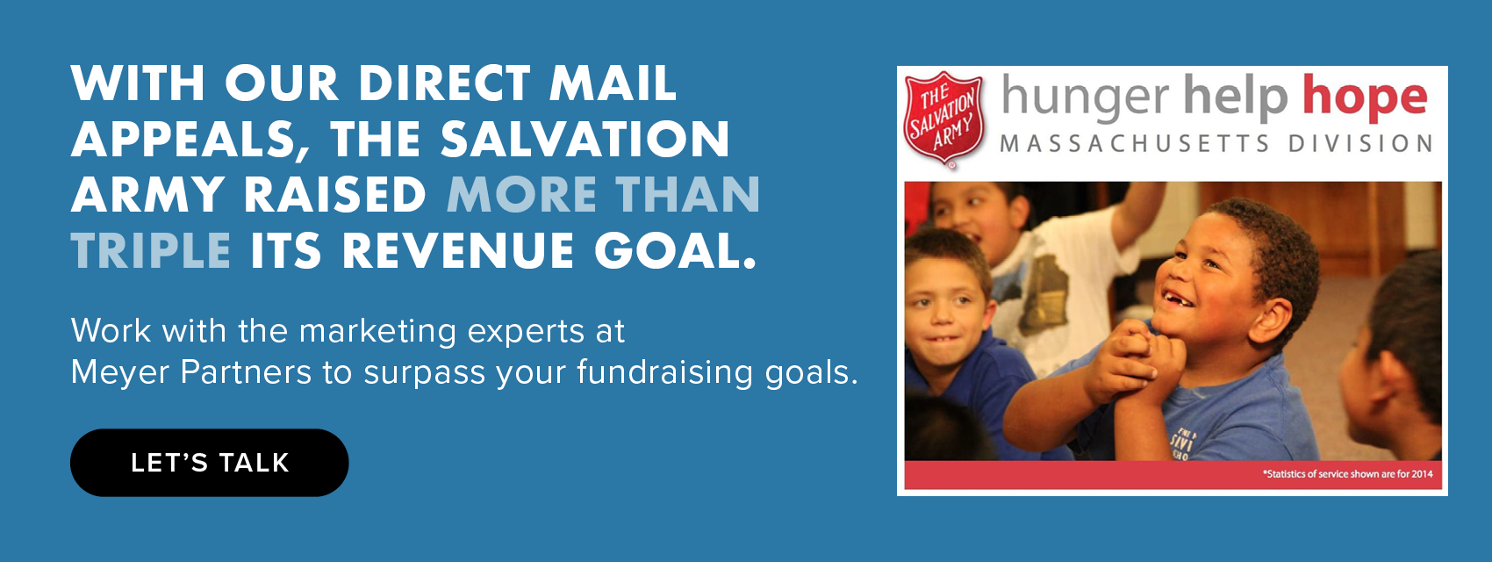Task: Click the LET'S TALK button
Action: click(209, 463)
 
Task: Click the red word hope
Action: click(1365, 97)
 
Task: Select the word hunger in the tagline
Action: click(1085, 98)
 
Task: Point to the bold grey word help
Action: click(1235, 97)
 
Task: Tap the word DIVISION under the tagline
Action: click(1360, 143)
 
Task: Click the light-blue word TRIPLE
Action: click(151, 251)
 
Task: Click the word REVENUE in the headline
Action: click(458, 251)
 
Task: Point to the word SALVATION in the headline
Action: click(585, 140)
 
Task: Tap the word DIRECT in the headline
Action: click(444, 83)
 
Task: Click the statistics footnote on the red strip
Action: click(1347, 474)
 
